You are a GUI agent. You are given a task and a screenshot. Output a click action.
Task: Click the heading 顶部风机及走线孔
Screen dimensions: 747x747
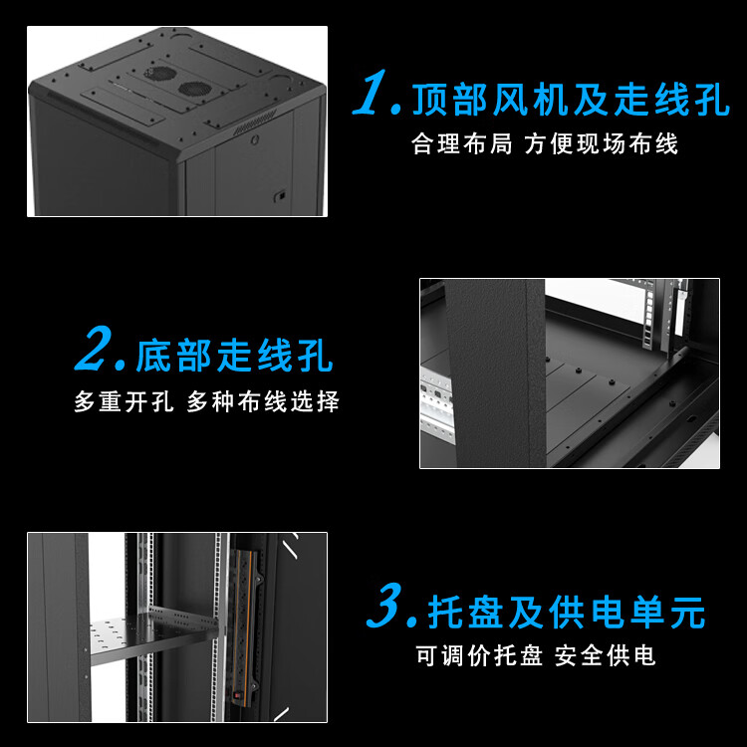coord(571,99)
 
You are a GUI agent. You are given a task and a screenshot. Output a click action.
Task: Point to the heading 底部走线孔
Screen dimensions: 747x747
coord(234,355)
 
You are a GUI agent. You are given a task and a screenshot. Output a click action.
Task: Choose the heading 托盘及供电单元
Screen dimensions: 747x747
coord(567,613)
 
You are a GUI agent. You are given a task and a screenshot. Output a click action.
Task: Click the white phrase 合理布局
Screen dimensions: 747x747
coord(461,143)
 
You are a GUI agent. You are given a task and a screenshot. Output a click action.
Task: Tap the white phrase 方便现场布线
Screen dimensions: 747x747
coord(601,143)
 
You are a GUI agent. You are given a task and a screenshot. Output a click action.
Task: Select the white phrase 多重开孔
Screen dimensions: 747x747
coord(124,401)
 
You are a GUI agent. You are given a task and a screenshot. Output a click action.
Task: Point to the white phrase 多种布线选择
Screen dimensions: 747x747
coord(263,401)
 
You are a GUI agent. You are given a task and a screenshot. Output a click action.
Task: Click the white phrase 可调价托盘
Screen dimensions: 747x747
coord(479,655)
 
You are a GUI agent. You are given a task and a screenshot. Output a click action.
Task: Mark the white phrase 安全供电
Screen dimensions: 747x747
coord(605,655)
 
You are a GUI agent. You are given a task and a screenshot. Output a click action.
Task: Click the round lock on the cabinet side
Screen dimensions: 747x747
coord(255,139)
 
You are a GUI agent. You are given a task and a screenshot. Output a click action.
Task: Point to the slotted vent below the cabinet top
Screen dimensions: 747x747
coord(254,122)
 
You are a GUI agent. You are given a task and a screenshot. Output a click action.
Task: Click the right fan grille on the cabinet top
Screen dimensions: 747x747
coord(193,88)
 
